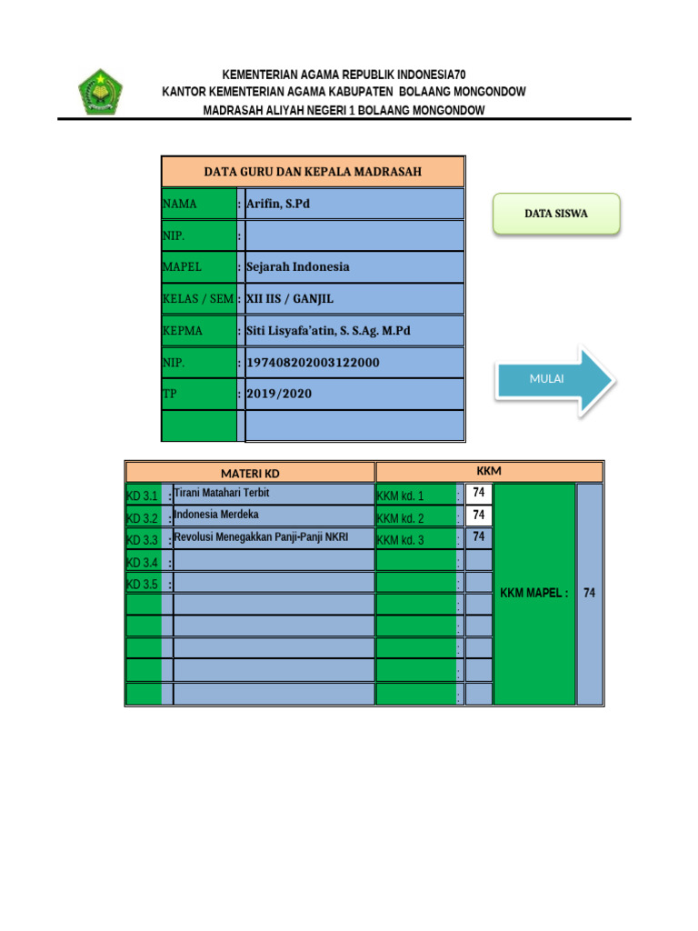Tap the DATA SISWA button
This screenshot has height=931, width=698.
pos(556,214)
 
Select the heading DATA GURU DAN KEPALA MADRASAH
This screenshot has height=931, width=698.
pos(313,171)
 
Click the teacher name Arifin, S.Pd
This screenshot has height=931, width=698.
pos(278,204)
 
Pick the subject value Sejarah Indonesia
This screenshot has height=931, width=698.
pos(297,267)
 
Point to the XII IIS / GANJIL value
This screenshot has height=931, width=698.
pos(290,298)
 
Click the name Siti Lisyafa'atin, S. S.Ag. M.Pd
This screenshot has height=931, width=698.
pos(328,331)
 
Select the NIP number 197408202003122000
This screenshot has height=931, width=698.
pos(313,363)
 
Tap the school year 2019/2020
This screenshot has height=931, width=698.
pos(279,395)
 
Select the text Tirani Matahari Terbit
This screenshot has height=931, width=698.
pos(222,494)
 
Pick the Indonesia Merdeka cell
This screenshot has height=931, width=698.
pos(216,516)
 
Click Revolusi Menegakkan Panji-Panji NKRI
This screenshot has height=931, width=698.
pos(261,537)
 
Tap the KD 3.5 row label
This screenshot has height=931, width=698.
pos(143,584)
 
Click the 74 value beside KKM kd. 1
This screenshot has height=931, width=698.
pos(479,494)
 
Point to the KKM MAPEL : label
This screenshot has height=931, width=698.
pos(534,594)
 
